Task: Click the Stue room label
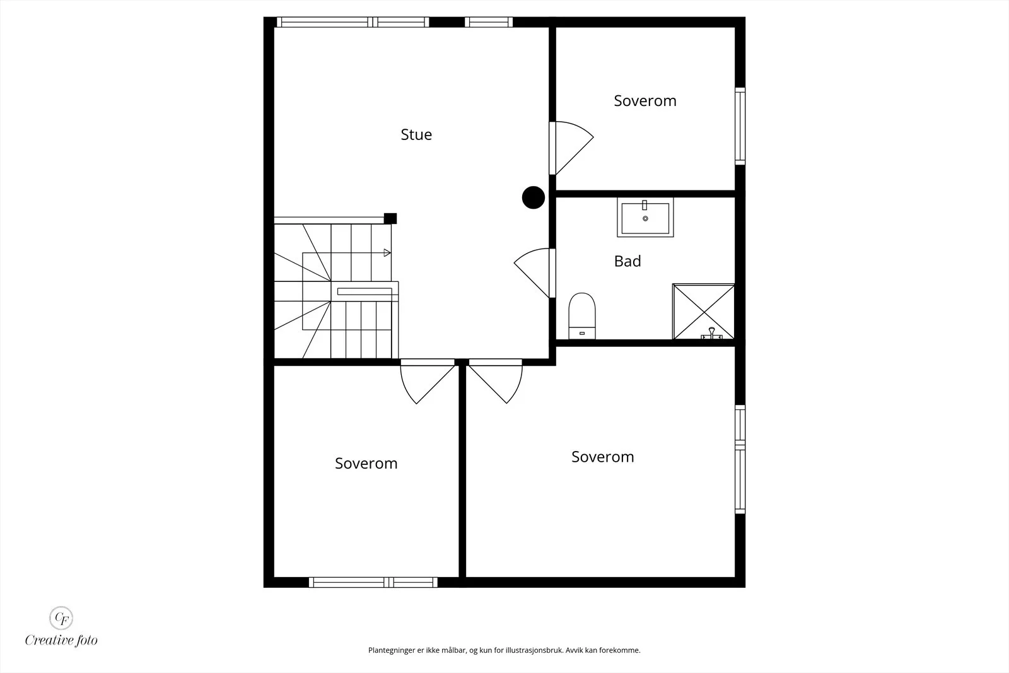[x=416, y=134]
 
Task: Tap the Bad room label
[x=627, y=261]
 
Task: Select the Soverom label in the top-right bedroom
[x=645, y=100]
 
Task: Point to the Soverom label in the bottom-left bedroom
[x=366, y=463]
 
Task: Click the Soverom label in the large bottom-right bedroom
[x=603, y=457]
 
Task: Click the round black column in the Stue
[x=534, y=197]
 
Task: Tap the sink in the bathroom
[x=645, y=217]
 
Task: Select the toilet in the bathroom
[x=582, y=316]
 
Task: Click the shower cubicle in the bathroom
[x=703, y=312]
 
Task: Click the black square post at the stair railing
[x=390, y=218]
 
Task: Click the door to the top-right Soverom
[x=571, y=148]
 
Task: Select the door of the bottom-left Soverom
[x=428, y=381]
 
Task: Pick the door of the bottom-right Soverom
[x=496, y=381]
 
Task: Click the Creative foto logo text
[x=61, y=640]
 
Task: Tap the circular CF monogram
[x=61, y=618]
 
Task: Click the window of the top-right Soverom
[x=740, y=126]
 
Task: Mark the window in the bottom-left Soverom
[x=373, y=582]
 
